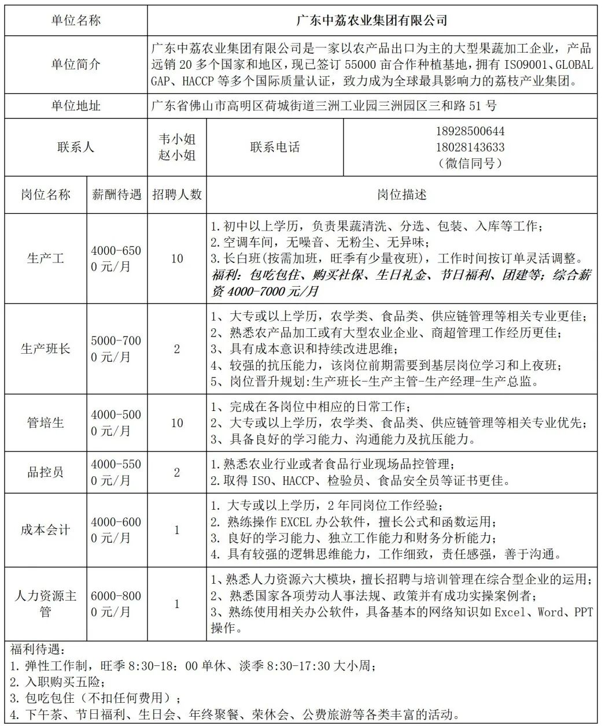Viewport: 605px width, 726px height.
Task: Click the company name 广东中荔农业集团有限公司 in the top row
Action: (372, 20)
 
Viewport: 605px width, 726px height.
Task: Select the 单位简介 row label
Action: (76, 64)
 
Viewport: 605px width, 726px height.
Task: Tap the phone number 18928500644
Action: (470, 131)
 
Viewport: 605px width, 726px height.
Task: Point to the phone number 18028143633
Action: (470, 147)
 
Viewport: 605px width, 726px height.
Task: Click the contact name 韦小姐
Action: (177, 139)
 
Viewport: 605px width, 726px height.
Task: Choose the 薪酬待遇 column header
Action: (116, 194)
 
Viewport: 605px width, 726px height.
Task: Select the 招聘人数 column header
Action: (177, 194)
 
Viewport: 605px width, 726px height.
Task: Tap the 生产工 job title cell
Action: (46, 258)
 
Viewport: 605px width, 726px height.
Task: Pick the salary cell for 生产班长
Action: (116, 349)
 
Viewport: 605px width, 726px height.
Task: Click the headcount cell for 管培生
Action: (177, 423)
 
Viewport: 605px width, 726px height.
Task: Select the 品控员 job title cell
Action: (46, 472)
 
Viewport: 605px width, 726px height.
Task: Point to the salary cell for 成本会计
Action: (116, 529)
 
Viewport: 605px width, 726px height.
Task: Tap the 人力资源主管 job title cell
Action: (46, 603)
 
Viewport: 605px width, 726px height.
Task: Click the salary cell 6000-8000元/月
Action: (116, 603)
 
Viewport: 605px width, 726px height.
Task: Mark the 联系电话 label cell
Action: (275, 147)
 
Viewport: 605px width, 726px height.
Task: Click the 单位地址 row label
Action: (76, 106)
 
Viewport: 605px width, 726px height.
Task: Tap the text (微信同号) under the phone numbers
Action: (470, 163)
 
